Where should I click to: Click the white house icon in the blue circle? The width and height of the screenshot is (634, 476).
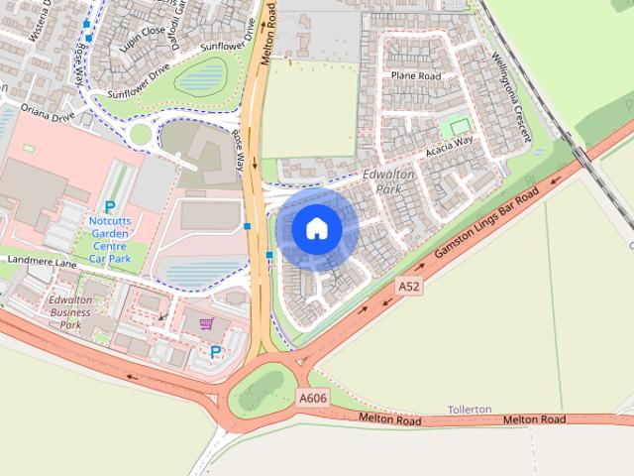316,229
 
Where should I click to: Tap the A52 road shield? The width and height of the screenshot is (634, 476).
409,287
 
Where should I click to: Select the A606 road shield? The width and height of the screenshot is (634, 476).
312,398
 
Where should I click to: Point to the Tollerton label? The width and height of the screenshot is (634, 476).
469,410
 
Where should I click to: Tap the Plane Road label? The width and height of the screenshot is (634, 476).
415,75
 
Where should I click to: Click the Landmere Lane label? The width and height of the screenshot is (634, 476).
41,262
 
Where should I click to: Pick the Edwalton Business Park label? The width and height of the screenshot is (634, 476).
70,312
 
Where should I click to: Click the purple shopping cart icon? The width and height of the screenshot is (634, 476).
206,323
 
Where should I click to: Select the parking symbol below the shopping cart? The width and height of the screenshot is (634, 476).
215,352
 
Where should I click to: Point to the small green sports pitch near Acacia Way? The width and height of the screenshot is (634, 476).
457,127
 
